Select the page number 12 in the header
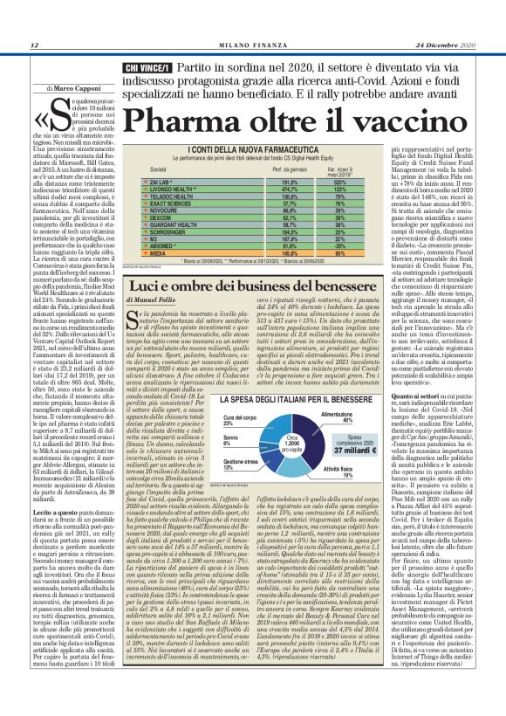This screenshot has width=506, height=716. click(x=33, y=45)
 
